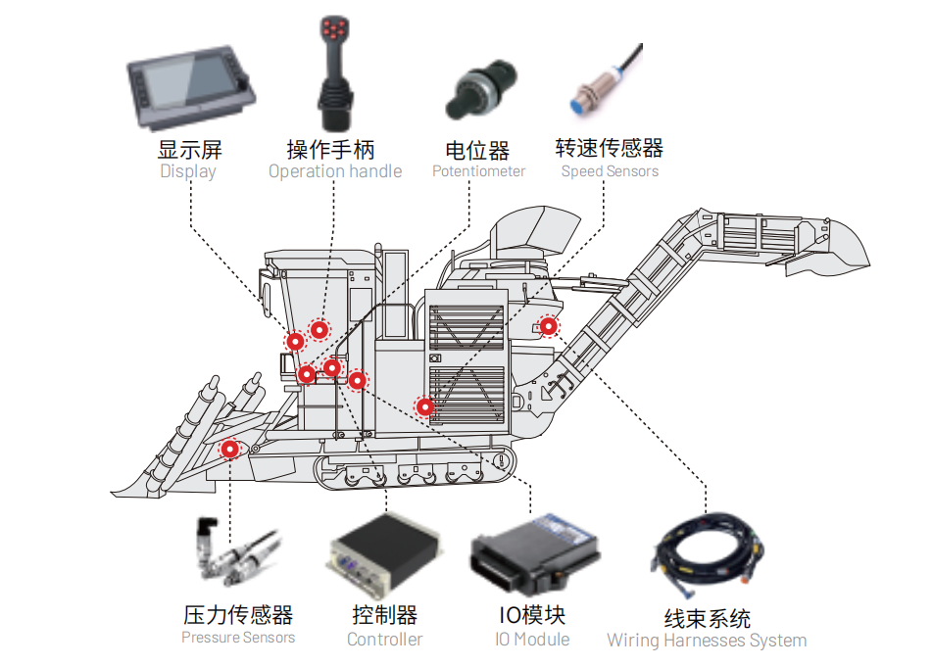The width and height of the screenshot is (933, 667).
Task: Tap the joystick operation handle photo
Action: tap(333, 73)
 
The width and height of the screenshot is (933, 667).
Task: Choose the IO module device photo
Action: tap(534, 554)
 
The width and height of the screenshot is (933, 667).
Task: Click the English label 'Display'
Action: tap(187, 171)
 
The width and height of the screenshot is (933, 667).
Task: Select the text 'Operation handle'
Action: tap(335, 171)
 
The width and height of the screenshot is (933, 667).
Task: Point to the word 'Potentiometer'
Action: tap(478, 171)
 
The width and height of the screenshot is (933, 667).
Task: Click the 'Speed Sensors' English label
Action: tap(610, 171)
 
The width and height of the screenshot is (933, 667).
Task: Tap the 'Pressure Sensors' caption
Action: tap(238, 638)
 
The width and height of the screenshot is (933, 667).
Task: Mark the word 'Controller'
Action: tap(385, 640)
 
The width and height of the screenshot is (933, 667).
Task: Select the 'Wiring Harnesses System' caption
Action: tap(707, 642)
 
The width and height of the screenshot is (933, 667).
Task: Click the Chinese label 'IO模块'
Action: tap(532, 615)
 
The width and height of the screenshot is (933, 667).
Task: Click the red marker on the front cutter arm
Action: tap(229, 449)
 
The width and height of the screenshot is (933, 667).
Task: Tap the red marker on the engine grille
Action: tap(425, 406)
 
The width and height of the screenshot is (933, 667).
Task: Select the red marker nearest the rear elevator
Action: tap(549, 326)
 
